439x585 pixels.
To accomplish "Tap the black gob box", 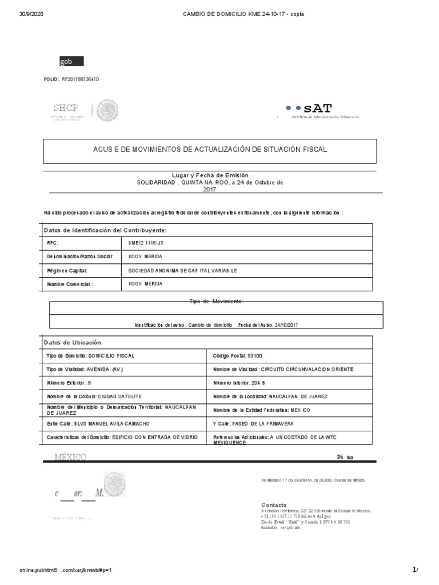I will tap(71, 61).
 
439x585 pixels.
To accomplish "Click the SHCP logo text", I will tap(65, 108).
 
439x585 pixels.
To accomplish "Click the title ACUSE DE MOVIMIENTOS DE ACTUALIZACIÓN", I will tap(210, 150).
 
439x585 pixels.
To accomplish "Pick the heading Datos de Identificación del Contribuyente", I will tap(105, 230).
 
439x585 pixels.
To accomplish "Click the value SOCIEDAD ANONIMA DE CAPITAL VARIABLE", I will tap(182, 270).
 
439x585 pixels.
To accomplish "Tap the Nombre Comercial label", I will tap(70, 283).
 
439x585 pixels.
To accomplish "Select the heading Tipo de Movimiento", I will tap(216, 300).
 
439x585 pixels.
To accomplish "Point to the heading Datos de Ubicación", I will tap(73, 342).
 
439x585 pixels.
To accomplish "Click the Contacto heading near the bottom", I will tap(274, 505).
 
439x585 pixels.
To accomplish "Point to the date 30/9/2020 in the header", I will tap(31, 14).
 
